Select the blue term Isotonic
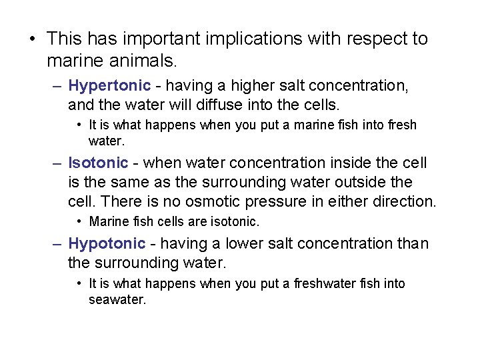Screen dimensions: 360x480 point(98,163)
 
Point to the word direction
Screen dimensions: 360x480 point(404,201)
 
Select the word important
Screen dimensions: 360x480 point(153,39)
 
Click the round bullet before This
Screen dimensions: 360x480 point(33,39)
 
